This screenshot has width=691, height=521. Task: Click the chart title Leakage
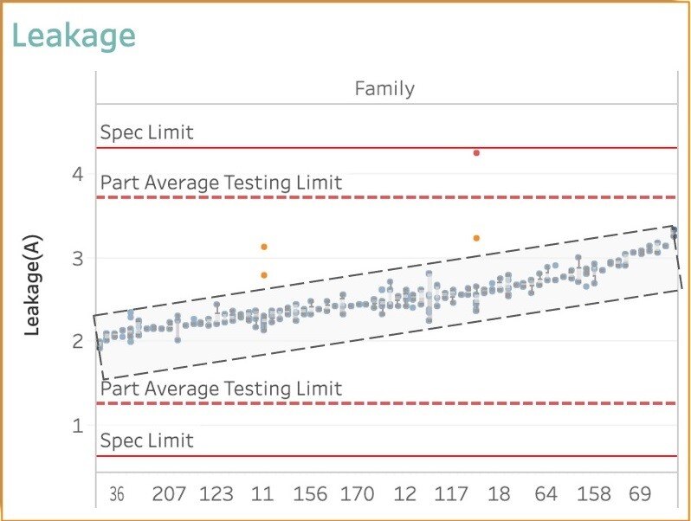74,35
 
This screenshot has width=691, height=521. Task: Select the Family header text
384,88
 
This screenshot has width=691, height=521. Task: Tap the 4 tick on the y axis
77,174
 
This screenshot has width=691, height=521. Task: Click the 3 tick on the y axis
77,258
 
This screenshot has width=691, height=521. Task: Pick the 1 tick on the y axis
77,425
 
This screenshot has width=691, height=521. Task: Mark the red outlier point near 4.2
476,152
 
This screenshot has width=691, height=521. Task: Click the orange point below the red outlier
476,238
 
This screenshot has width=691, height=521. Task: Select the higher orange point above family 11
264,247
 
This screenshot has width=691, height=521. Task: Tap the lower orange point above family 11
264,275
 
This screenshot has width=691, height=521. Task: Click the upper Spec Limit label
147,132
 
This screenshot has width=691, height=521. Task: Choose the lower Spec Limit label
147,441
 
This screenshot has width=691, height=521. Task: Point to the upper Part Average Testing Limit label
222,183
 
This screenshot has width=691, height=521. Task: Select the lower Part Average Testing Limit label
222,389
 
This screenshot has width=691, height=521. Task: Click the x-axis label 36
117,494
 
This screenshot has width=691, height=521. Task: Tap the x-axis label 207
169,494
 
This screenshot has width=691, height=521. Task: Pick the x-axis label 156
310,494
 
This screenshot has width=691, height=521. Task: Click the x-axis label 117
451,494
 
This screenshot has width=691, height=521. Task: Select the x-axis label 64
546,494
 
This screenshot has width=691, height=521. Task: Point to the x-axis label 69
640,494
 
